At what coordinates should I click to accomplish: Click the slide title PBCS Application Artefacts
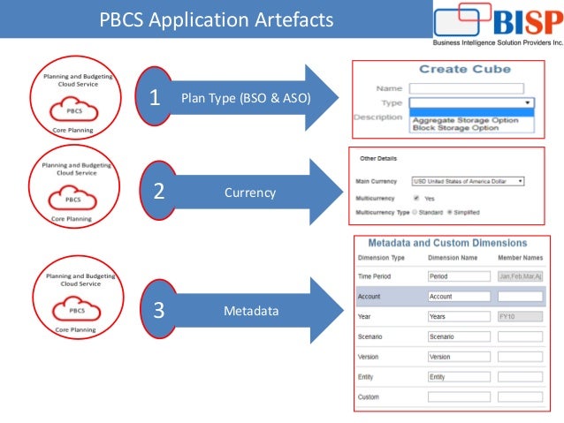tap(217, 19)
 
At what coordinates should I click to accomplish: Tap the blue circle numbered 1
tap(156, 98)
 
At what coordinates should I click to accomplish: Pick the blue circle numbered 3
tap(158, 310)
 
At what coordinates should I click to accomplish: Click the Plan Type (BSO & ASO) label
tap(246, 98)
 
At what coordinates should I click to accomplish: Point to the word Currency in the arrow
tap(249, 192)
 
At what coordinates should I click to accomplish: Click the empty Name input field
tap(466, 88)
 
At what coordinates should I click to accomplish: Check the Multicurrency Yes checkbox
tap(416, 198)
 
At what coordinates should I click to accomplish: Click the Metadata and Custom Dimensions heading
tap(446, 243)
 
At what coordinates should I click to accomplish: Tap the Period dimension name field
tap(458, 276)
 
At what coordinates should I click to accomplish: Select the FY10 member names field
tap(520, 316)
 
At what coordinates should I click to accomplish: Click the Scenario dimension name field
tap(458, 336)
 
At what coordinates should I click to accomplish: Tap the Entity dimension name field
tap(458, 377)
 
